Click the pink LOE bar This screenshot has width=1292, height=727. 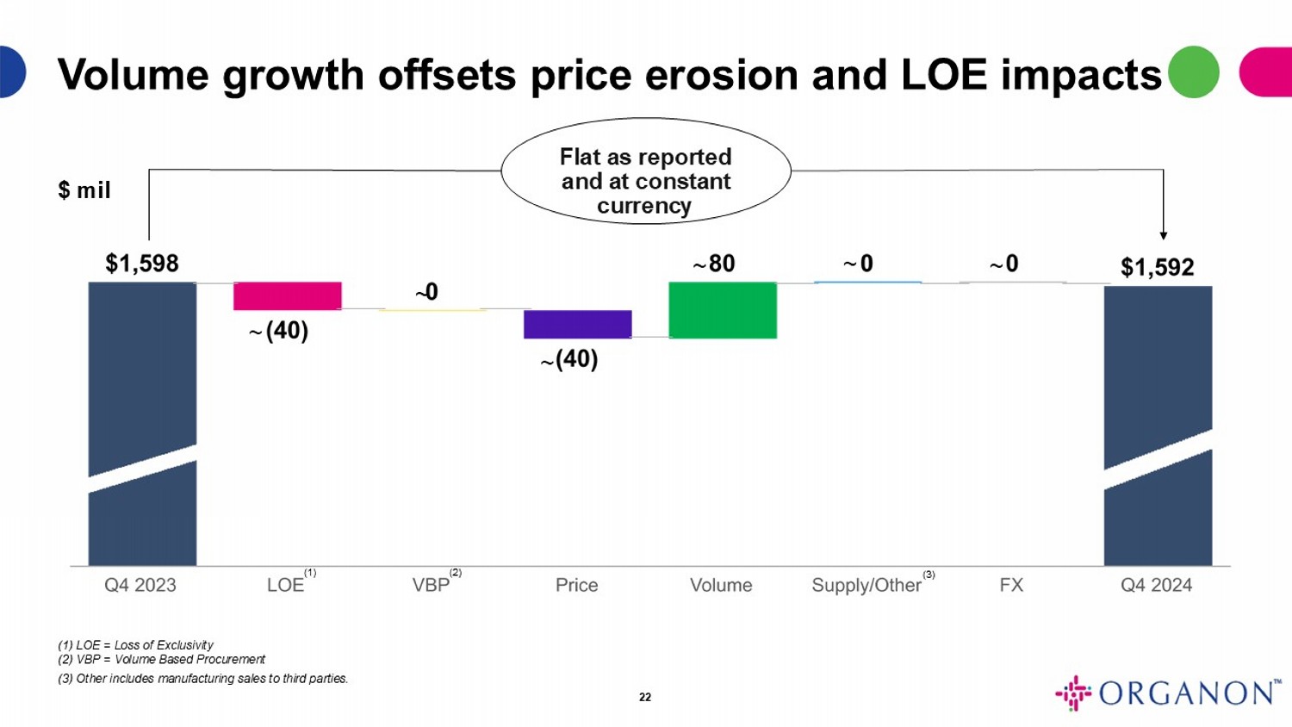(287, 295)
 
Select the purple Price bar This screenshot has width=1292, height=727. (577, 324)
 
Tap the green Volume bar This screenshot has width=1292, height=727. (723, 310)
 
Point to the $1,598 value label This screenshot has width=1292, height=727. (142, 263)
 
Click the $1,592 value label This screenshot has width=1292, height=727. (1157, 267)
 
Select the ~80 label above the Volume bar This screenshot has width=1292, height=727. (714, 263)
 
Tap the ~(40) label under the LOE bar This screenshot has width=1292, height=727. (278, 330)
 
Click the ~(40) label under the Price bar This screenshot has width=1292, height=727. (569, 358)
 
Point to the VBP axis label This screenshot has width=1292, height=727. (431, 585)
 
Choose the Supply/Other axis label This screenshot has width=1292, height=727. (867, 585)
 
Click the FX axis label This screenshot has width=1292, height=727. (1011, 585)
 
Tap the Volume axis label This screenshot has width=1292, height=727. (721, 585)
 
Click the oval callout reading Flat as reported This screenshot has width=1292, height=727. (646, 171)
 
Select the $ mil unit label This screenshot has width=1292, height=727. (84, 190)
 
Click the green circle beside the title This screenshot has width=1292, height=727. (1194, 71)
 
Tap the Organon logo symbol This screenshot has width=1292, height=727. (1073, 693)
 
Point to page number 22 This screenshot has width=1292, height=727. (645, 697)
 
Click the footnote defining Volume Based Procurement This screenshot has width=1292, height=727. (162, 659)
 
